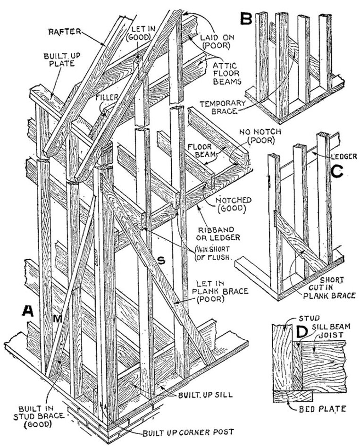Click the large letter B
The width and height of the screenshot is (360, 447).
coord(246,19)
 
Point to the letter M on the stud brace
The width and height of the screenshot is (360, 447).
coord(58,319)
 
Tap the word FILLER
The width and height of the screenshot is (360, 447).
coord(107,97)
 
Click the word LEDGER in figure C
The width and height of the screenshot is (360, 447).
coord(341,155)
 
